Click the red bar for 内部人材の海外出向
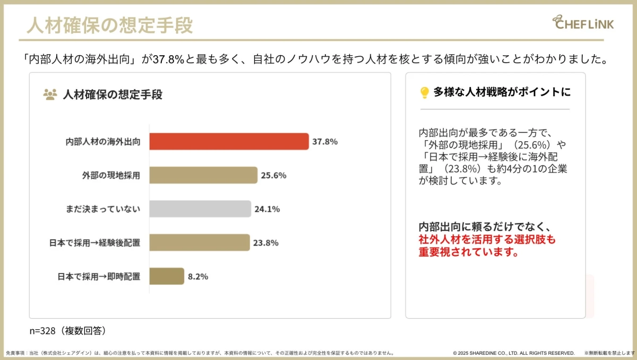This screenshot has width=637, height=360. click(229, 142)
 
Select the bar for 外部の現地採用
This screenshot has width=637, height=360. click(203, 175)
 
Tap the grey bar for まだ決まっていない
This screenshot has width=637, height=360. click(200, 209)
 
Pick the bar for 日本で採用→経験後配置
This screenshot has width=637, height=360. click(199, 243)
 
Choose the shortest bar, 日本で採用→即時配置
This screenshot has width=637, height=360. click(167, 276)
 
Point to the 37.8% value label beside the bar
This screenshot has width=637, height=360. click(325, 142)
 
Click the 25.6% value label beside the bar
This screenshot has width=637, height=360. click(273, 175)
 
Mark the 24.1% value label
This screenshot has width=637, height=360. click(267, 209)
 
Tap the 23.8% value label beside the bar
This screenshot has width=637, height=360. click(265, 243)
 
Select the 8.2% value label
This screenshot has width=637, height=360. click(198, 276)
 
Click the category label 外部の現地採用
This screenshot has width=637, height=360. click(111, 175)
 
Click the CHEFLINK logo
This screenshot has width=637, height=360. click(583, 23)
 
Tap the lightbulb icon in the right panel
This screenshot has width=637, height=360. click(424, 93)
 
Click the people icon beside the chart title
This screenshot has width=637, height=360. click(50, 95)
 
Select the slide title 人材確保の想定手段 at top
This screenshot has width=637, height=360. click(109, 25)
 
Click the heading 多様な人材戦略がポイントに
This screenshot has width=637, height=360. click(502, 92)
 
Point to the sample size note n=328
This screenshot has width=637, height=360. click(68, 330)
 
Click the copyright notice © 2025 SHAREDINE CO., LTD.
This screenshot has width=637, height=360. click(513, 353)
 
